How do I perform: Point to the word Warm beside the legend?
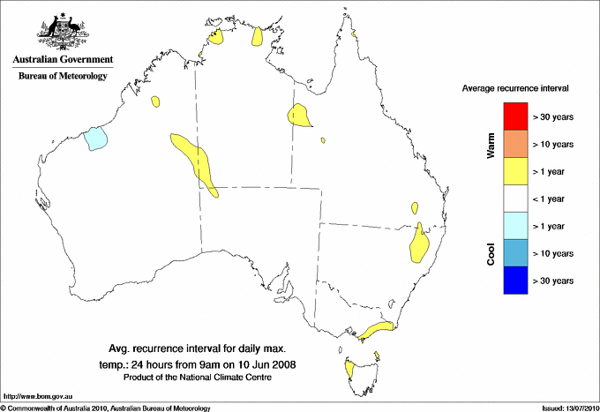click(491, 146)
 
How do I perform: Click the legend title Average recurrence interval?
click(515, 89)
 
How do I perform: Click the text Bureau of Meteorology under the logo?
click(63, 76)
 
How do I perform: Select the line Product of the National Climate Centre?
click(198, 378)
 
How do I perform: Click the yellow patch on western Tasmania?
click(351, 366)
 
